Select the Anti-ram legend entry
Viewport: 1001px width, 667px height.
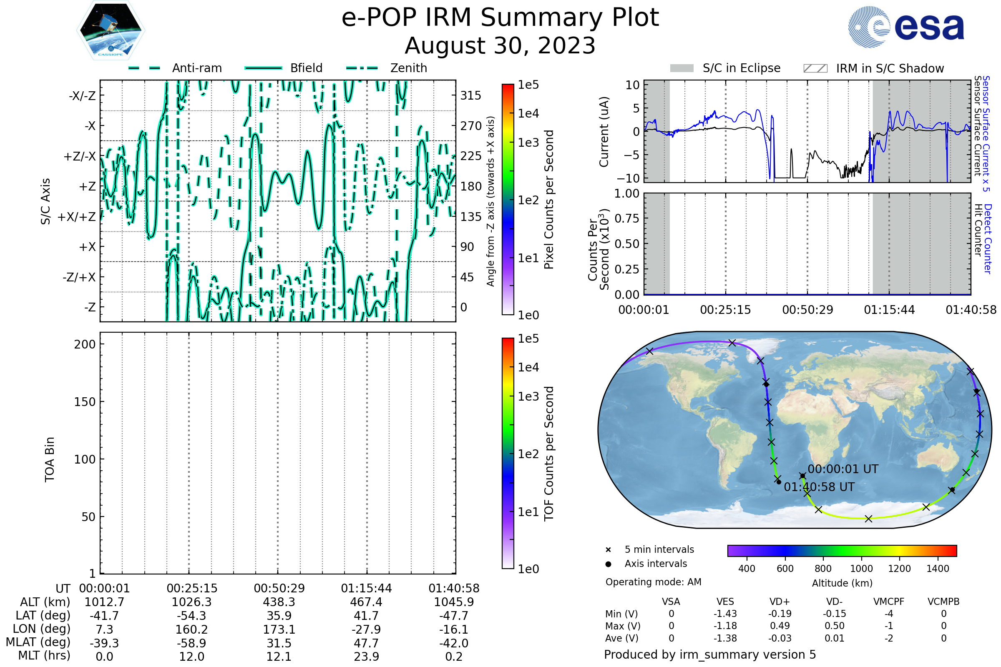(196, 68)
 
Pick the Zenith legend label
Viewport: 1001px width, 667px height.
(409, 68)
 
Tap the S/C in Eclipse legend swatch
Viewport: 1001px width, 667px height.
(682, 68)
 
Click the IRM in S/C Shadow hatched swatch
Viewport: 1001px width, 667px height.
(815, 68)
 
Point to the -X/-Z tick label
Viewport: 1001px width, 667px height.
(82, 96)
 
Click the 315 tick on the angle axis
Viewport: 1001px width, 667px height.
(471, 96)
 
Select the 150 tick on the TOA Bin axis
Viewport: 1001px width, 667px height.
(85, 402)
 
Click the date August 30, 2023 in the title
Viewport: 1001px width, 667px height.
(500, 46)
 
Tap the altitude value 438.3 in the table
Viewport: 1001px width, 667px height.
(279, 602)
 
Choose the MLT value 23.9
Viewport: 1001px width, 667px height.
(366, 656)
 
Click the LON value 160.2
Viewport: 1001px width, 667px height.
(191, 629)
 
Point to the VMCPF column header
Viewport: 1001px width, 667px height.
(888, 602)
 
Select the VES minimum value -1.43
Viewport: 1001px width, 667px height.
(725, 614)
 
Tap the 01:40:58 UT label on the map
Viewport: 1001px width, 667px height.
(819, 487)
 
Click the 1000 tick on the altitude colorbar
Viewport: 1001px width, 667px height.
(861, 569)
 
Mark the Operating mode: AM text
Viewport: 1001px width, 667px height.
(653, 582)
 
